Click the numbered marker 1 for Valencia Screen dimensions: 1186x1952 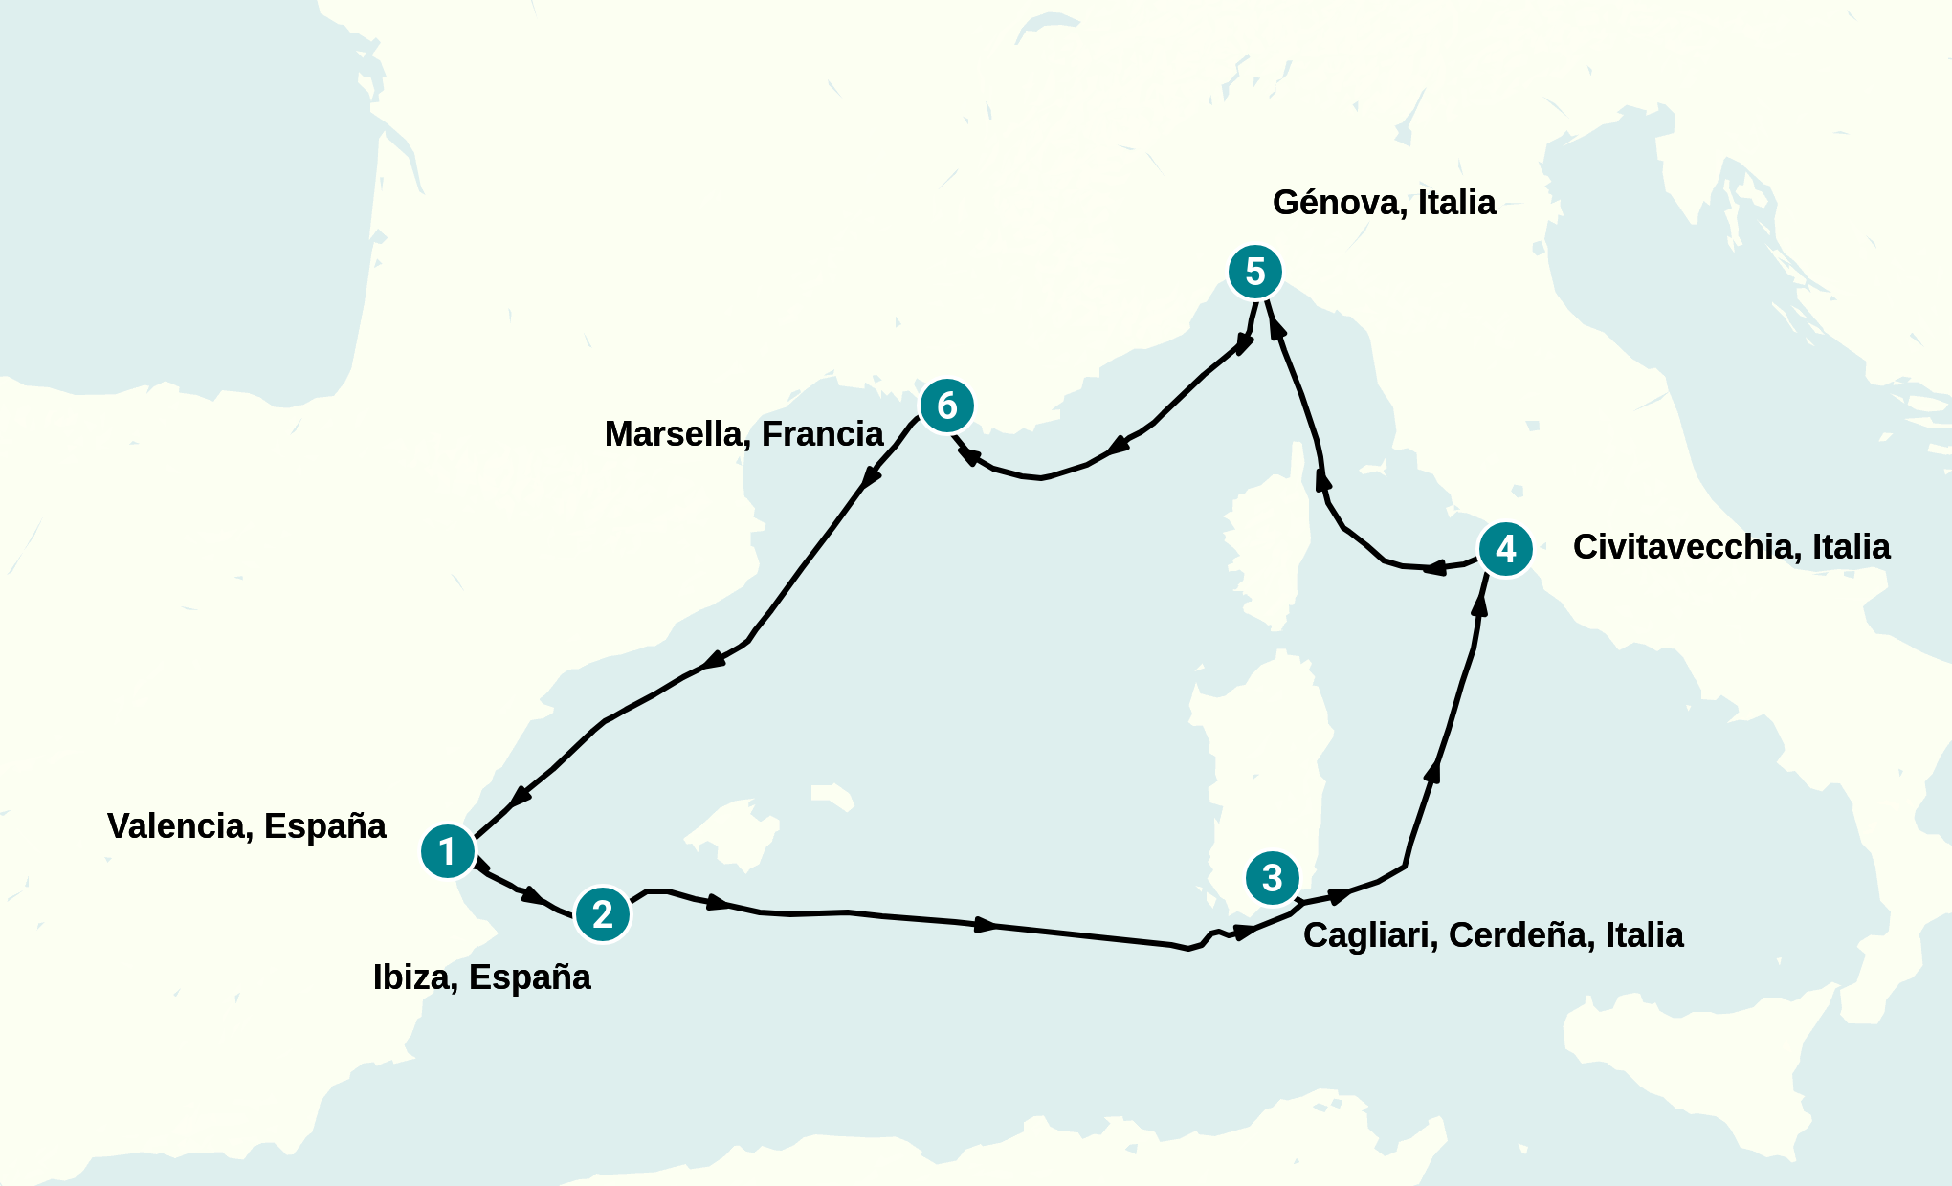click(x=448, y=851)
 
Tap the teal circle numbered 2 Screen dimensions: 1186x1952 click(x=603, y=914)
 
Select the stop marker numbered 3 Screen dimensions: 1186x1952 click(x=1273, y=877)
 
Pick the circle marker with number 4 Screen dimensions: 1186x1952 click(x=1506, y=549)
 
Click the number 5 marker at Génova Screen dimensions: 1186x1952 click(x=1255, y=272)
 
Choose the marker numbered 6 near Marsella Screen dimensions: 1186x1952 click(x=947, y=406)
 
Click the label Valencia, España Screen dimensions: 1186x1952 click(x=246, y=826)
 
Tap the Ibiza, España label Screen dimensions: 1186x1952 click(x=481, y=977)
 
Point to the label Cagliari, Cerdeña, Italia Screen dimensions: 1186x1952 click(x=1493, y=935)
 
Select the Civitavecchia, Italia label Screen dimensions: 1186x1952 click(x=1731, y=547)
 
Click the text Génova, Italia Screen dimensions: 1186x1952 click(x=1384, y=203)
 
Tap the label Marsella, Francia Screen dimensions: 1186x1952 click(x=743, y=434)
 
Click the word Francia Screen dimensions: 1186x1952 click(x=822, y=434)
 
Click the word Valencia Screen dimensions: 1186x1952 click(x=179, y=826)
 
